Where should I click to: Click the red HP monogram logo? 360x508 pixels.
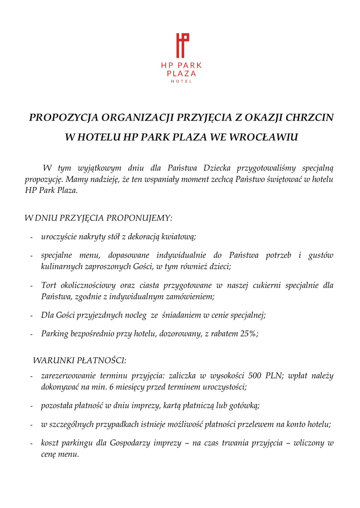[182, 46]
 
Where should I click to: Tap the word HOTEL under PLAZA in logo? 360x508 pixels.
[181, 81]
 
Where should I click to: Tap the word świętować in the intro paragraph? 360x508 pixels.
[285, 179]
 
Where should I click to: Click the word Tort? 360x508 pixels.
[49, 286]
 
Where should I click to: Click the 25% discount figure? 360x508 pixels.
[249, 334]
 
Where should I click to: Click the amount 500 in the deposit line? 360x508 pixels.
[256, 376]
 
